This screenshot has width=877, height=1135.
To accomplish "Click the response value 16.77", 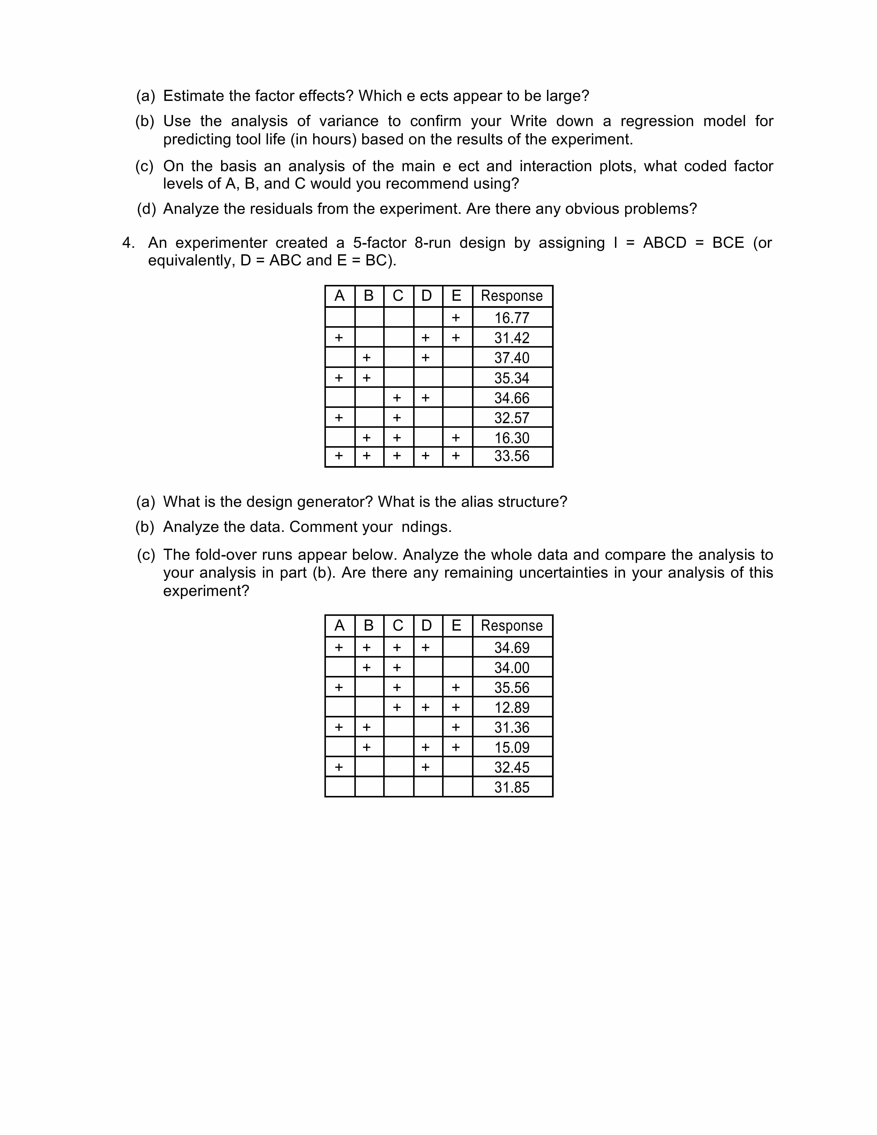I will pyautogui.click(x=512, y=318).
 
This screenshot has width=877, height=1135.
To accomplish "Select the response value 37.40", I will pyautogui.click(x=512, y=357).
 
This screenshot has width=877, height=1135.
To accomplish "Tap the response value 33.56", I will pyautogui.click(x=512, y=456).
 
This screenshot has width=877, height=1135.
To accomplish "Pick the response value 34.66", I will pyautogui.click(x=512, y=398).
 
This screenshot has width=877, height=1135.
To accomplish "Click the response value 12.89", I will pyautogui.click(x=512, y=707).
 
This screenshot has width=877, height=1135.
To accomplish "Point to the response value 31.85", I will pyautogui.click(x=512, y=787).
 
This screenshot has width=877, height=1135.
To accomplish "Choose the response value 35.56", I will pyautogui.click(x=512, y=688).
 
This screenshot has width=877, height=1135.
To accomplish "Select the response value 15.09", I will pyautogui.click(x=512, y=747).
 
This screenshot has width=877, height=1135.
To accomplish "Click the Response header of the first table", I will pyautogui.click(x=512, y=296).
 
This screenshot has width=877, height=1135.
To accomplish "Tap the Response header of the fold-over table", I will pyautogui.click(x=512, y=626).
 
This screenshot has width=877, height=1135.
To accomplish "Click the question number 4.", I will pyautogui.click(x=128, y=243).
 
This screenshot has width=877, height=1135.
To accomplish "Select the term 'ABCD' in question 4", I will pyautogui.click(x=665, y=243).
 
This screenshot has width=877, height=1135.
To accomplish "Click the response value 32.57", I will pyautogui.click(x=512, y=418).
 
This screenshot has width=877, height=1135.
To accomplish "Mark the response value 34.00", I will pyautogui.click(x=512, y=668).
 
